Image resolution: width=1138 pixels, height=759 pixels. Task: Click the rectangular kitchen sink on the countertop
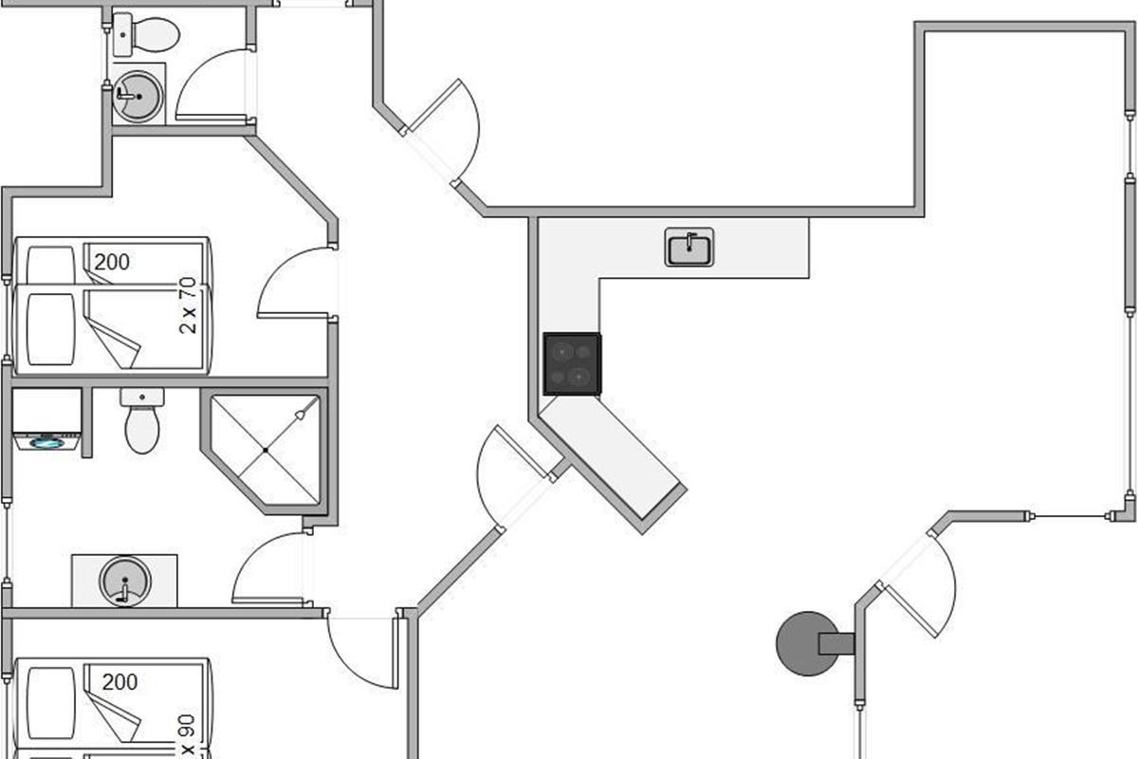[689, 249]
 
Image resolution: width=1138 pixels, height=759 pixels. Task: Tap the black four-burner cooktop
[572, 363]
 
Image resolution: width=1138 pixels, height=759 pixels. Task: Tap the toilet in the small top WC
[146, 34]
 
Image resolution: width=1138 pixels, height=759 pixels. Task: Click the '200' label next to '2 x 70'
[111, 261]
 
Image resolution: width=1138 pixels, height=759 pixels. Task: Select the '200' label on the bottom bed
[119, 681]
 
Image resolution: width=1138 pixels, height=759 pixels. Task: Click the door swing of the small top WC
[211, 85]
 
